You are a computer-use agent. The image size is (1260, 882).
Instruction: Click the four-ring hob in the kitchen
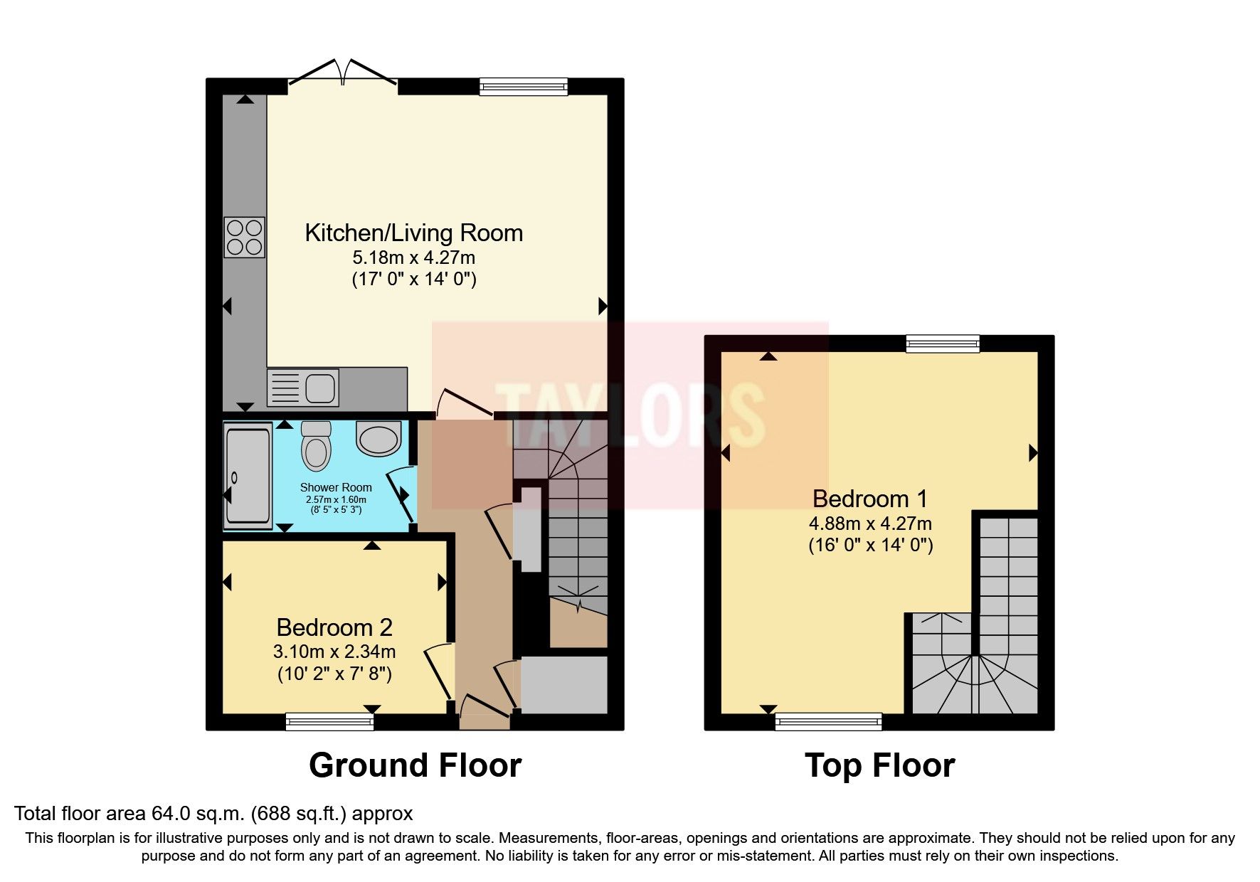pyautogui.click(x=245, y=237)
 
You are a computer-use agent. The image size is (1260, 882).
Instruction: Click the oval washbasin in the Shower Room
pyautogui.click(x=378, y=437)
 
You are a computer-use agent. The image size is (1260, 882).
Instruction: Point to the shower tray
pyautogui.click(x=247, y=475)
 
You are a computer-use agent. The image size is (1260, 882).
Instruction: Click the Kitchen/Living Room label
pyautogui.click(x=413, y=233)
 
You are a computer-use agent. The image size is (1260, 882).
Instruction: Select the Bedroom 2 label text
pyautogui.click(x=334, y=627)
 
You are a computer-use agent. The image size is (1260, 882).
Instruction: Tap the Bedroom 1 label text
pyautogui.click(x=870, y=499)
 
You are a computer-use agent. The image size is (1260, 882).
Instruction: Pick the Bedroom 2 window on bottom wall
pyautogui.click(x=329, y=722)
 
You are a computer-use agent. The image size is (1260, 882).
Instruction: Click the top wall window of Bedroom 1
pyautogui.click(x=943, y=344)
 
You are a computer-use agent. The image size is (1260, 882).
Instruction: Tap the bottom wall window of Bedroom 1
pyautogui.click(x=828, y=722)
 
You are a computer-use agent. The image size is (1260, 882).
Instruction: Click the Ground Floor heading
pyautogui.click(x=415, y=765)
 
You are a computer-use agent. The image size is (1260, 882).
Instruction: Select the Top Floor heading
pyautogui.click(x=879, y=765)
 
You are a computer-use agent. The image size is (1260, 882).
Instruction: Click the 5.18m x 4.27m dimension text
pyautogui.click(x=413, y=257)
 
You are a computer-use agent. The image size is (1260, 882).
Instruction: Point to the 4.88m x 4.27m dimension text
pyautogui.click(x=870, y=524)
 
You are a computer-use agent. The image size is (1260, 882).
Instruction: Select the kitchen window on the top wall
pyautogui.click(x=524, y=87)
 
